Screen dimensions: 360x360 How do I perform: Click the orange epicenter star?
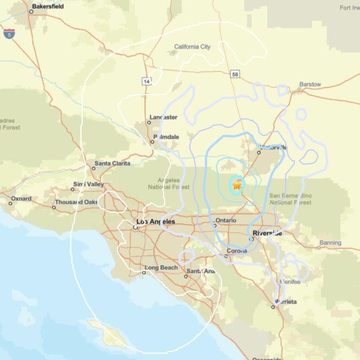click(x=237, y=183)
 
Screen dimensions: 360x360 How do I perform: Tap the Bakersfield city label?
click(x=48, y=7)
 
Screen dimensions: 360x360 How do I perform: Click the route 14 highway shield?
click(x=147, y=82)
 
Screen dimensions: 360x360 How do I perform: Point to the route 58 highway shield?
click(x=234, y=74)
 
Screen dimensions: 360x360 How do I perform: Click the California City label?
click(x=192, y=47)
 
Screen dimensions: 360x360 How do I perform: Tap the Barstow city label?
click(x=310, y=84)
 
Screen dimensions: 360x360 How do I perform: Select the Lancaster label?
click(x=163, y=118)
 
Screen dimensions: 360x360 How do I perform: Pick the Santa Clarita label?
click(x=112, y=164)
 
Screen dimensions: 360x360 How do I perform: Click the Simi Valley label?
click(x=88, y=185)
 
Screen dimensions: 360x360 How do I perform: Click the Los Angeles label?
click(x=156, y=222)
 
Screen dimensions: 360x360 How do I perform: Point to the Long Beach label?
click(x=161, y=268)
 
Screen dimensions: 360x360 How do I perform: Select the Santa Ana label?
click(x=201, y=272)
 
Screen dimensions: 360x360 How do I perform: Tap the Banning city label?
click(x=330, y=243)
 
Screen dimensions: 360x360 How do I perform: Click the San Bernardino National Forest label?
click(x=290, y=199)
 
